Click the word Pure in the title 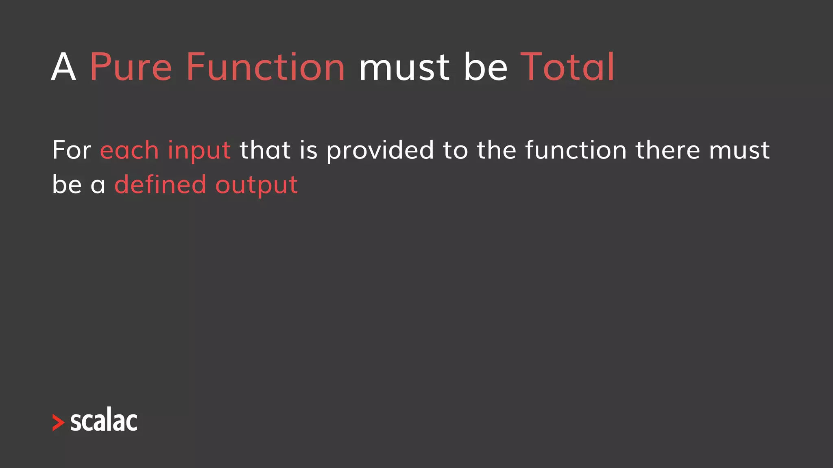pyautogui.click(x=131, y=67)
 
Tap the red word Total pyautogui.click(x=567, y=67)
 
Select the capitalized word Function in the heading pyautogui.click(x=266, y=67)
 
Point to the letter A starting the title pyautogui.click(x=63, y=67)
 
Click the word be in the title pyautogui.click(x=486, y=67)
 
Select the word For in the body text pyautogui.click(x=72, y=150)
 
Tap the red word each pyautogui.click(x=129, y=150)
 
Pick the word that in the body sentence pyautogui.click(x=265, y=150)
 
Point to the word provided pyautogui.click(x=380, y=151)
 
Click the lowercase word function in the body pyautogui.click(x=576, y=150)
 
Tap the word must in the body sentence pyautogui.click(x=739, y=151)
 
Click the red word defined pyautogui.click(x=160, y=184)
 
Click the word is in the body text pyautogui.click(x=308, y=150)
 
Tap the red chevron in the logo pyautogui.click(x=58, y=422)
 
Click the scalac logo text pyautogui.click(x=104, y=420)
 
